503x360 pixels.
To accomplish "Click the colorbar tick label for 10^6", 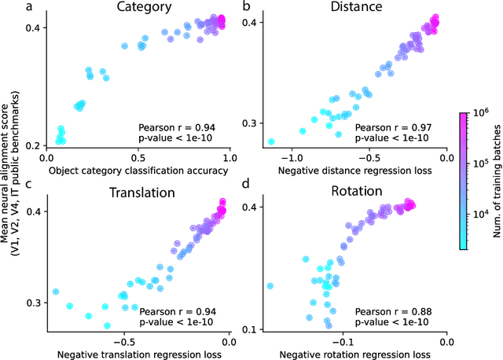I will [480, 114].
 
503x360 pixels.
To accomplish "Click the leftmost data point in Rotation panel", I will [270, 286].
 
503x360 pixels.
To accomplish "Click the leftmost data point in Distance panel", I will [271, 141].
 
